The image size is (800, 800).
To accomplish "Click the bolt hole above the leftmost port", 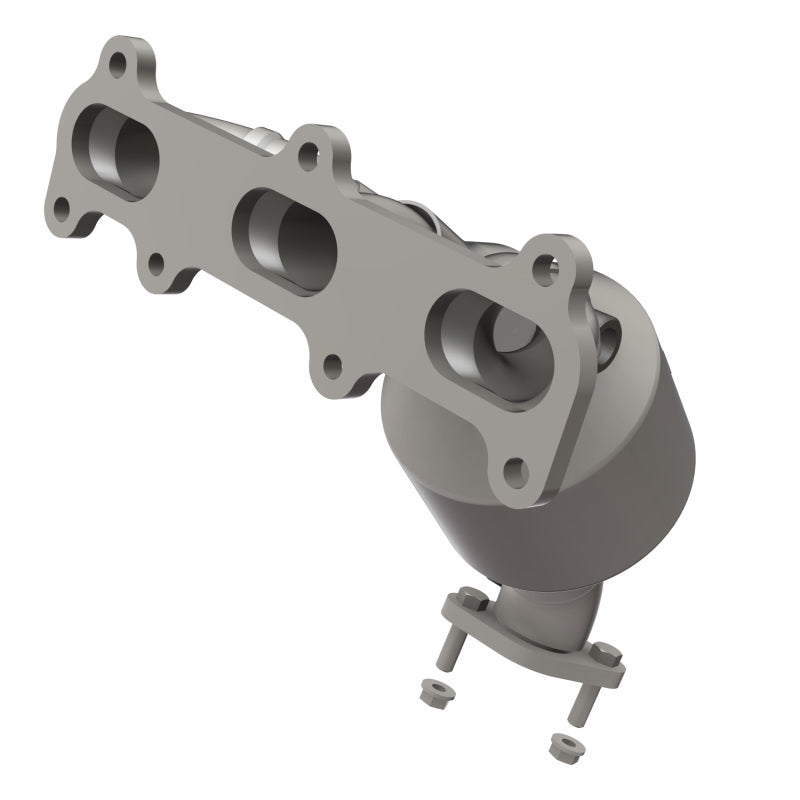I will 119,68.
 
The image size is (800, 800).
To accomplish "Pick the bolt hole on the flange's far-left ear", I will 62,210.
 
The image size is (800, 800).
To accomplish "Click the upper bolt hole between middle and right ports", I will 310,153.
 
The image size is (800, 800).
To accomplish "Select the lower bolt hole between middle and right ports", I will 334,365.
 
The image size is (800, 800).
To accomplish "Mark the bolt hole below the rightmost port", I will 515,469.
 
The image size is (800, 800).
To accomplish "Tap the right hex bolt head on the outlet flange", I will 605,655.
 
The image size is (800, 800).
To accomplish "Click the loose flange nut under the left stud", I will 435,691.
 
